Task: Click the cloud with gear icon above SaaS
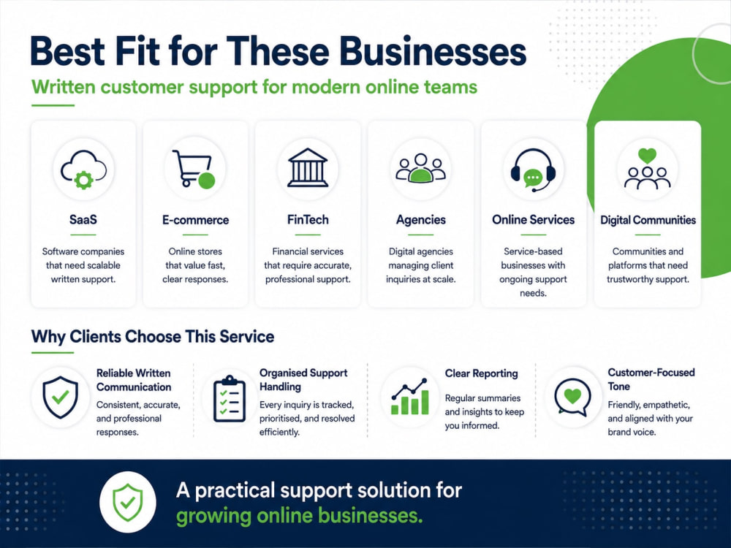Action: (x=83, y=170)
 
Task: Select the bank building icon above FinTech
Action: (x=307, y=168)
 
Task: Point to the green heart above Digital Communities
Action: (x=647, y=155)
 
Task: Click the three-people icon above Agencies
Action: (x=420, y=168)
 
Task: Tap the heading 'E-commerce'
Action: (x=195, y=220)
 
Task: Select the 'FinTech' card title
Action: (x=308, y=219)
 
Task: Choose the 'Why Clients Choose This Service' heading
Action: (x=153, y=336)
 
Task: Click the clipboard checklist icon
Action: (x=229, y=399)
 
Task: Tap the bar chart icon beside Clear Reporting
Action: (x=410, y=397)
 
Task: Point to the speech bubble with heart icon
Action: (x=572, y=397)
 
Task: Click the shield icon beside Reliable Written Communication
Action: (x=60, y=397)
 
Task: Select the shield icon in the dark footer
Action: (x=128, y=503)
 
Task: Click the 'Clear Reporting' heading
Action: (x=481, y=373)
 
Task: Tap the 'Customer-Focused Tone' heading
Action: (x=651, y=379)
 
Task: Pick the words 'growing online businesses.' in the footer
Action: (x=299, y=516)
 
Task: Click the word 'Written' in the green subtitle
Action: (x=64, y=87)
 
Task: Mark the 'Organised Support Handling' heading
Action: (x=303, y=380)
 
